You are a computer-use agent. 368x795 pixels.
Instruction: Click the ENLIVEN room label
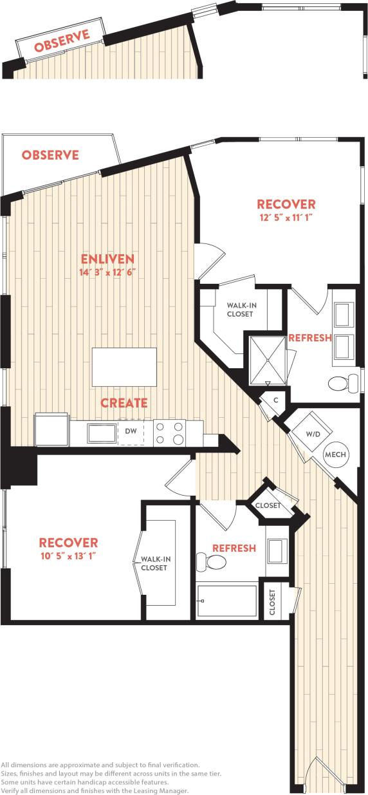(107, 259)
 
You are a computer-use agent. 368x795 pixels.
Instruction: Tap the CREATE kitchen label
(124, 402)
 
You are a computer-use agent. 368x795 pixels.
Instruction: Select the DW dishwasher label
(131, 431)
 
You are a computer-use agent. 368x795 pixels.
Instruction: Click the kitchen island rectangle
(124, 366)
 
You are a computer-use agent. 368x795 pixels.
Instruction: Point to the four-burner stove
(169, 433)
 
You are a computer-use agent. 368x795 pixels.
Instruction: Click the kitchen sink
(102, 433)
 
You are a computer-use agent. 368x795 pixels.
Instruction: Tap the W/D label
(313, 435)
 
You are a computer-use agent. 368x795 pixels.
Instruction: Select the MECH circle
(335, 454)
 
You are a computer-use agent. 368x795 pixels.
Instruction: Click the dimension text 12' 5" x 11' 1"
(286, 217)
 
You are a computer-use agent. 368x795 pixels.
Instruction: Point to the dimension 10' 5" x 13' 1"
(68, 556)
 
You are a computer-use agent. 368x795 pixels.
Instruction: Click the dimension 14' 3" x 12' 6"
(107, 272)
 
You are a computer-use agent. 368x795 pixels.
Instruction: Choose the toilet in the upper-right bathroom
(343, 384)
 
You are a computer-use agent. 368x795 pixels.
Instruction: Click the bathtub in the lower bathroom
(227, 600)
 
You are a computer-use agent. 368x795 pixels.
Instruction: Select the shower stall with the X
(266, 354)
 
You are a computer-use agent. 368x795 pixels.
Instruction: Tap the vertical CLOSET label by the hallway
(273, 602)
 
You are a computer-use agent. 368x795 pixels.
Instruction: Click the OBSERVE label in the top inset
(62, 42)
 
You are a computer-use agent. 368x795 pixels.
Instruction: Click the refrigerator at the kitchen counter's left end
(51, 430)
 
